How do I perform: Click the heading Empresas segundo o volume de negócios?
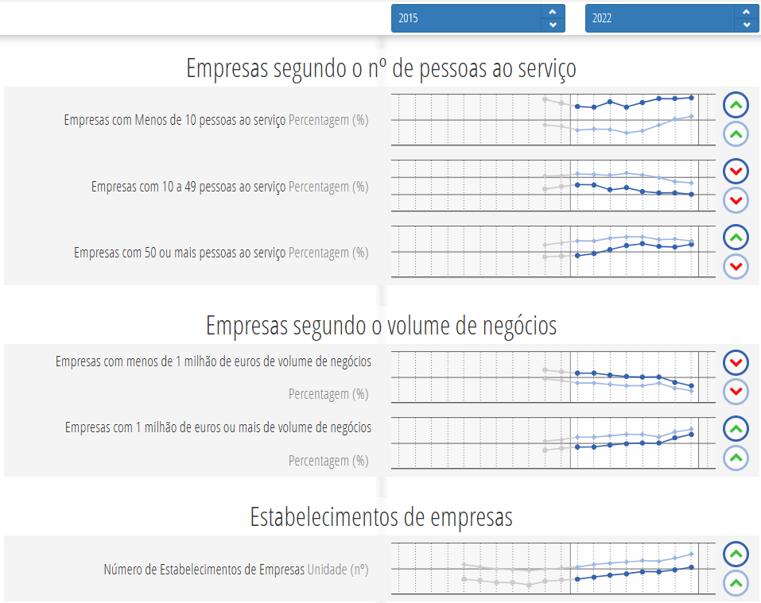pyautogui.click(x=381, y=326)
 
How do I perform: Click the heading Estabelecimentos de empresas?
pyautogui.click(x=381, y=517)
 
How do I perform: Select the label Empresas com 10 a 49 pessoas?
pyautogui.click(x=188, y=187)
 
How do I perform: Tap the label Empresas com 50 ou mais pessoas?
pyautogui.click(x=180, y=253)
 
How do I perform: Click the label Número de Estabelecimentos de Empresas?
pyautogui.click(x=204, y=569)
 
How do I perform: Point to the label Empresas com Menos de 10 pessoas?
pyautogui.click(x=175, y=120)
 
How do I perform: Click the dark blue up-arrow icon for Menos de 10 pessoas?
pyautogui.click(x=736, y=105)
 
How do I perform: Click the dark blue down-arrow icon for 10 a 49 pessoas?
pyautogui.click(x=736, y=171)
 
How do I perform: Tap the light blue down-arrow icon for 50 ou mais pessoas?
pyautogui.click(x=736, y=266)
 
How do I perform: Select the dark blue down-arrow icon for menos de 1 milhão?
pyautogui.click(x=736, y=363)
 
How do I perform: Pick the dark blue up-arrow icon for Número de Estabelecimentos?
pyautogui.click(x=736, y=555)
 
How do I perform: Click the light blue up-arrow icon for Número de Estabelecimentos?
pyautogui.click(x=736, y=583)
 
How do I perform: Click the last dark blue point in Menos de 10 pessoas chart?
pyautogui.click(x=692, y=97)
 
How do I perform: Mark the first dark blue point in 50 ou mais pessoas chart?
pyautogui.click(x=577, y=255)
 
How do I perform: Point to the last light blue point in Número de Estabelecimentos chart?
pyautogui.click(x=692, y=555)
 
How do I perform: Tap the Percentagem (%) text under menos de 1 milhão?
pyautogui.click(x=328, y=394)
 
